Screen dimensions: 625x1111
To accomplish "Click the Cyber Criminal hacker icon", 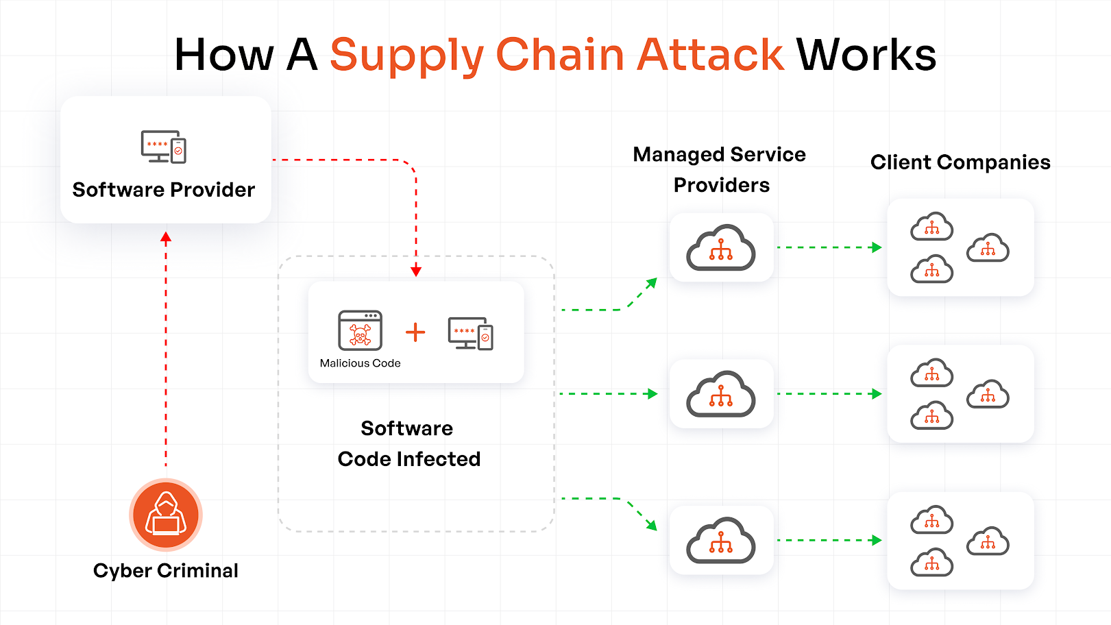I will point(166,515).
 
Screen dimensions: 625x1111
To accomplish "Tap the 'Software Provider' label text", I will point(164,190).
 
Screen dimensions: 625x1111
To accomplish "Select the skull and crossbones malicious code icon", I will point(361,331).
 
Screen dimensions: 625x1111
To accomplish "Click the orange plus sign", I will point(415,332).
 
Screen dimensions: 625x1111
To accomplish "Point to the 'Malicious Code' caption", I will point(360,363).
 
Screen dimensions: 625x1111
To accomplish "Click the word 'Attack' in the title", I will point(710,55).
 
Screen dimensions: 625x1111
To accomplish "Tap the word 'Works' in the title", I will point(866,55).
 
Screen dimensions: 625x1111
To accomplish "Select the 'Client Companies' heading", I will point(960,162).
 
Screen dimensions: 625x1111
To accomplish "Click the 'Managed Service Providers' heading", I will point(720,169).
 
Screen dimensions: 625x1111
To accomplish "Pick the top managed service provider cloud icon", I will point(721,248).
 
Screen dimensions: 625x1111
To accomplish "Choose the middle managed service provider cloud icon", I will point(721,394).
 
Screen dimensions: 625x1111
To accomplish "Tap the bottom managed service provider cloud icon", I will point(721,541).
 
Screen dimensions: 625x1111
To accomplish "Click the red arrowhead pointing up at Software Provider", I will point(166,237).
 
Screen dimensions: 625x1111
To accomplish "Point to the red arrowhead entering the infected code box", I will point(416,271).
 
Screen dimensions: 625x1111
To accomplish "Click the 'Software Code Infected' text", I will point(408,443).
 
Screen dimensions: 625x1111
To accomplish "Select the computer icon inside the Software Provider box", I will point(164,146).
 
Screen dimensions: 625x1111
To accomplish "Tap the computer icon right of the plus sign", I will point(470,333).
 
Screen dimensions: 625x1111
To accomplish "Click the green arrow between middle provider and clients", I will point(829,394).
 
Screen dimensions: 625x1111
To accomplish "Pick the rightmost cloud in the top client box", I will point(988,248).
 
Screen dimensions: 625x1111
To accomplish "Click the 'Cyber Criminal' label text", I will point(166,571).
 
